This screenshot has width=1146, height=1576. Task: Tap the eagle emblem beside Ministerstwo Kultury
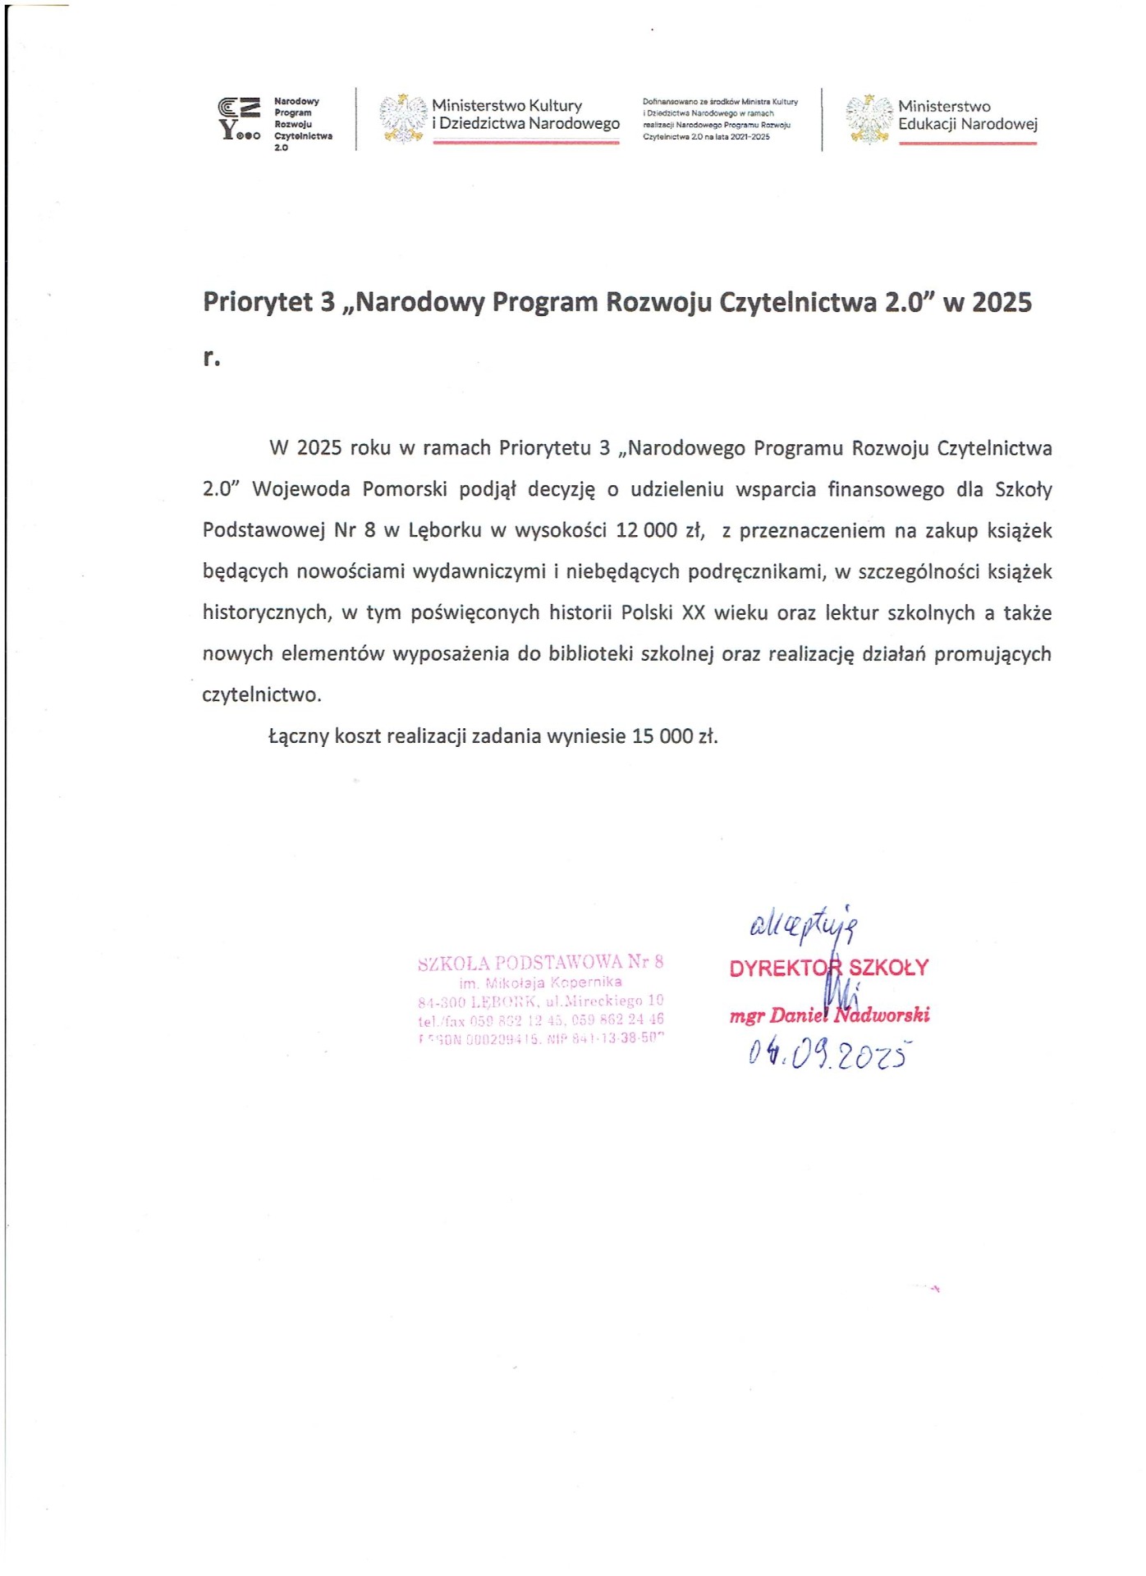click(402, 118)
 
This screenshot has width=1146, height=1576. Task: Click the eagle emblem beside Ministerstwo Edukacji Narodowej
click(869, 119)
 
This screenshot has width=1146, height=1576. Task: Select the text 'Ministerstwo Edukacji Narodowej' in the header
click(967, 116)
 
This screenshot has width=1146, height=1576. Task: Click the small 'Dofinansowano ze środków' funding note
click(720, 119)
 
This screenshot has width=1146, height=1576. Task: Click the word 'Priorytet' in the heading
click(258, 302)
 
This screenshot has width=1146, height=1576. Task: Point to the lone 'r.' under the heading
click(212, 358)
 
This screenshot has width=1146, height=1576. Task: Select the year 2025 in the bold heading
click(1002, 302)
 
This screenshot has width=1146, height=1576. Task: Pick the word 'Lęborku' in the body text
click(444, 530)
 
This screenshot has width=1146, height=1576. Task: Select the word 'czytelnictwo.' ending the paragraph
click(262, 695)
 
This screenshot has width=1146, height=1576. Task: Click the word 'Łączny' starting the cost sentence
click(299, 736)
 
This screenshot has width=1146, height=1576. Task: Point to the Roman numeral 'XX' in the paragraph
click(694, 613)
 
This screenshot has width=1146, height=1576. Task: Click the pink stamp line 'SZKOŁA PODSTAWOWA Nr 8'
click(540, 962)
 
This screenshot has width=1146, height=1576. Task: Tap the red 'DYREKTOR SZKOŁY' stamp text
click(828, 968)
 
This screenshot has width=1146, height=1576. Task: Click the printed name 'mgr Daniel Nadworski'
click(829, 1015)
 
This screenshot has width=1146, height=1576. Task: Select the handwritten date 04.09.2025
click(829, 1053)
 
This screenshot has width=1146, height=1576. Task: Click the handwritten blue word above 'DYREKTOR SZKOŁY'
click(804, 925)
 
